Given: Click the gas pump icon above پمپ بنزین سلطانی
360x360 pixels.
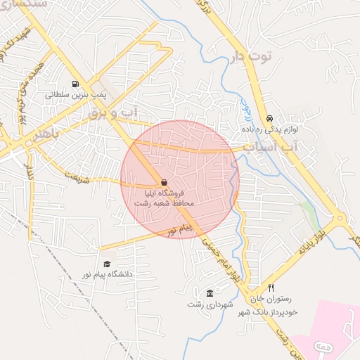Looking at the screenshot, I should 75,82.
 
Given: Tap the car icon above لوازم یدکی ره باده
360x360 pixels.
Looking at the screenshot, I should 270,118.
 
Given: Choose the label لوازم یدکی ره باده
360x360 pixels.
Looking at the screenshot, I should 276,130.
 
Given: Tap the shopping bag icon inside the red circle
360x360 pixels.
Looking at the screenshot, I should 164,182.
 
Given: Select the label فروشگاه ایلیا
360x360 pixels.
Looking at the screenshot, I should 165,193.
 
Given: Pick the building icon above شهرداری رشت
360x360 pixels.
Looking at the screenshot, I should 210,292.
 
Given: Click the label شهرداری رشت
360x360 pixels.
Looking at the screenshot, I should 205,304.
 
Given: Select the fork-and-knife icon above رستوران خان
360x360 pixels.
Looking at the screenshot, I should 271,288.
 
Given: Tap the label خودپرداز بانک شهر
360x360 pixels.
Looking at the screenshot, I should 269,311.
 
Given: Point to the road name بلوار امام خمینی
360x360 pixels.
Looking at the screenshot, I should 224,262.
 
